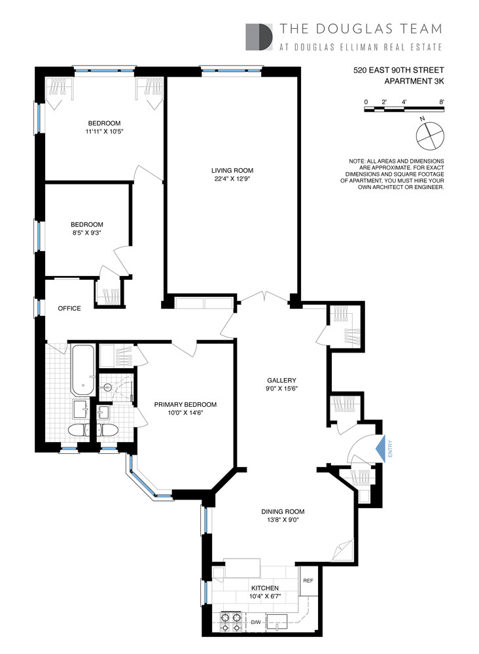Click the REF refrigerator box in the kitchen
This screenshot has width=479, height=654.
tap(307, 580)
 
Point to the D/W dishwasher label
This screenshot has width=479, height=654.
tap(257, 622)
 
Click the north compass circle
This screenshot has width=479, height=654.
tap(429, 135)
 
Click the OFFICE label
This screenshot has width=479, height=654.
tap(69, 308)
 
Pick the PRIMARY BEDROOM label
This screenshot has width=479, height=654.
tap(185, 404)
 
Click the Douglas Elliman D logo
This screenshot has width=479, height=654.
tap(258, 37)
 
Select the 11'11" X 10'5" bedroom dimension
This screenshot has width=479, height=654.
tap(105, 133)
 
